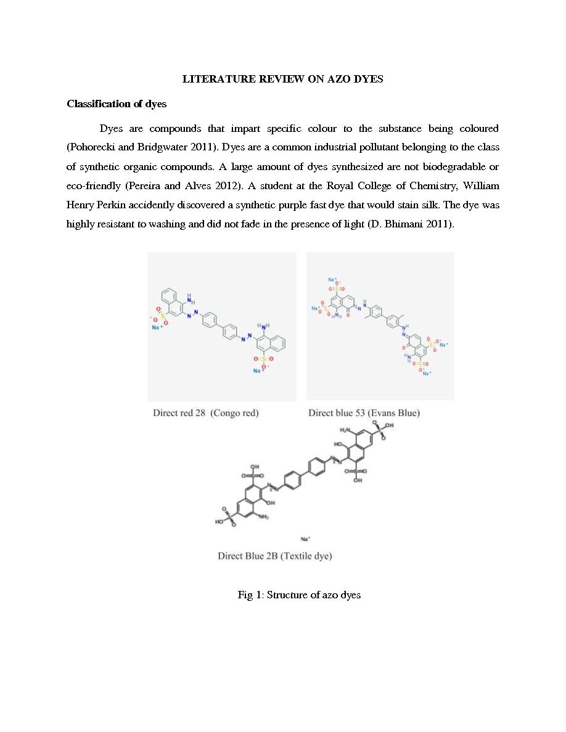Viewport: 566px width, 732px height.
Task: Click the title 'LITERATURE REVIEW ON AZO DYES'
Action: point(282,79)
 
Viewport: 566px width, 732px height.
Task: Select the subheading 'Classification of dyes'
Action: point(117,104)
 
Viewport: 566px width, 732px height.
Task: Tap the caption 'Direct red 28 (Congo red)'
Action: point(206,413)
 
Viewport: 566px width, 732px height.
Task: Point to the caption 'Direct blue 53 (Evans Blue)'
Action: point(364,413)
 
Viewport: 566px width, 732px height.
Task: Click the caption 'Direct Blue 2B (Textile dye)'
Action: point(274,556)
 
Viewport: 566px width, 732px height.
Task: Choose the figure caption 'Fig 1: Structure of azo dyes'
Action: point(299,595)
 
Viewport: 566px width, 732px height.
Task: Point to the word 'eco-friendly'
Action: point(92,186)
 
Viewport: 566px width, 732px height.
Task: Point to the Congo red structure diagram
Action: point(221,327)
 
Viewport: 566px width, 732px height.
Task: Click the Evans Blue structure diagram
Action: point(380,327)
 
